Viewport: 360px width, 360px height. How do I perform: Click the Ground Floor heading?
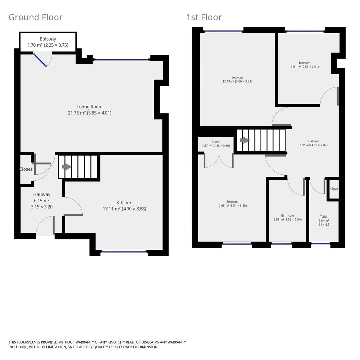pyautogui.click(x=35, y=17)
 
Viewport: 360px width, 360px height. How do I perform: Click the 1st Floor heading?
pyautogui.click(x=204, y=17)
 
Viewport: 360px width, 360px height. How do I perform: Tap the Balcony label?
pyautogui.click(x=48, y=39)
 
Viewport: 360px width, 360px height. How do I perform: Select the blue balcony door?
pyautogui.click(x=40, y=60)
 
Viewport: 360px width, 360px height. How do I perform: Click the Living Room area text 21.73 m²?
pyautogui.click(x=77, y=113)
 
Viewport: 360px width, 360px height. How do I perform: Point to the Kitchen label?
pyautogui.click(x=124, y=203)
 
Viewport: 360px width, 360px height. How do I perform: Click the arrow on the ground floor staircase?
pyautogui.click(x=67, y=167)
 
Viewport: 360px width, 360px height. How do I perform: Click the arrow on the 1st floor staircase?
pyautogui.click(x=245, y=140)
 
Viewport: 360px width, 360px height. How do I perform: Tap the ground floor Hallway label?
pyautogui.click(x=42, y=194)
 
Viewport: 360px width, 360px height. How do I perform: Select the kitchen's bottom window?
pyautogui.click(x=124, y=252)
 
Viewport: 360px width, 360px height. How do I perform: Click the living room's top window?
pyautogui.click(x=121, y=59)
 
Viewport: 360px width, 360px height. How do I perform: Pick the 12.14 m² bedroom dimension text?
pyautogui.click(x=237, y=81)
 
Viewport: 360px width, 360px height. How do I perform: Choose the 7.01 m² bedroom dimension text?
pyautogui.click(x=305, y=67)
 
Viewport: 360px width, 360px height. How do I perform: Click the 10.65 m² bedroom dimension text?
pyautogui.click(x=232, y=206)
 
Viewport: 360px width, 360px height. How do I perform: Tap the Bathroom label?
pyautogui.click(x=287, y=216)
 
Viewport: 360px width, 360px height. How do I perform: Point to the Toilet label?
pyautogui.click(x=324, y=217)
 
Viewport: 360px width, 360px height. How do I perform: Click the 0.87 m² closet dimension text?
pyautogui.click(x=216, y=146)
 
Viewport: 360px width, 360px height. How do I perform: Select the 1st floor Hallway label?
pyautogui.click(x=313, y=141)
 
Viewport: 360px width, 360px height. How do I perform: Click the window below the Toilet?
pyautogui.click(x=321, y=243)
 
